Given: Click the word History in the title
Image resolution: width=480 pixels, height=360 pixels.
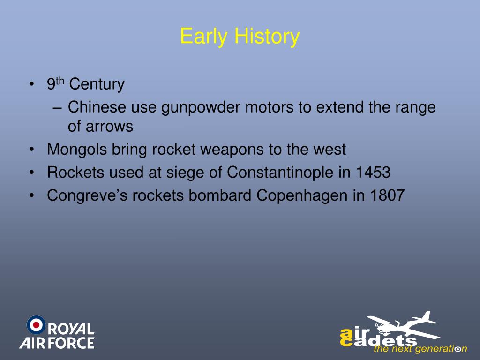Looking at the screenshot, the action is (x=267, y=37).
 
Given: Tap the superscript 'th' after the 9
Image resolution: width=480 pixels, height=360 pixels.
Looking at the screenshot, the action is (x=60, y=81).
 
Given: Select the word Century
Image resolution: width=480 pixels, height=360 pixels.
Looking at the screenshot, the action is (x=97, y=84).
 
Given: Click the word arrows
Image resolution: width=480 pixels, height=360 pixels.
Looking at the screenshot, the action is (x=109, y=127).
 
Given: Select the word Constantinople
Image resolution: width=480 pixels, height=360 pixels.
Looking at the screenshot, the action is (x=280, y=172).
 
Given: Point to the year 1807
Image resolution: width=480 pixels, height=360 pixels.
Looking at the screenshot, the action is (x=387, y=195).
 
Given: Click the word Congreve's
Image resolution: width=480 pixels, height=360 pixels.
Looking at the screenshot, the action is (x=87, y=196).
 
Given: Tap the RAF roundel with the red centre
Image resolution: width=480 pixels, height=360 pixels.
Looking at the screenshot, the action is (x=36, y=325).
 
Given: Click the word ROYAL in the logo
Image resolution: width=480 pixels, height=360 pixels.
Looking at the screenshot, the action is (x=71, y=329).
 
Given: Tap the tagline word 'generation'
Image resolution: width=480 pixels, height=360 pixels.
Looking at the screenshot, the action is (x=441, y=349).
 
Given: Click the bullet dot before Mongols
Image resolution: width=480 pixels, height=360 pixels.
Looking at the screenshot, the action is (x=32, y=150).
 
